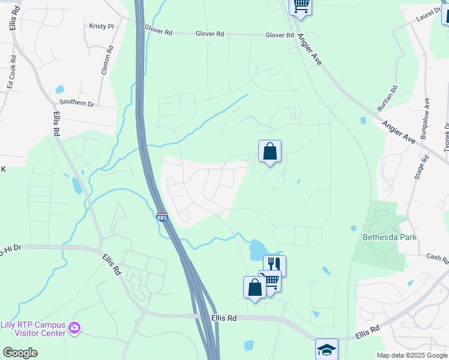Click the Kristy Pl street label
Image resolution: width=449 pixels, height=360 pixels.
click(x=101, y=26)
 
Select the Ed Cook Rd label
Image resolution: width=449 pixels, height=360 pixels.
click(x=10, y=77)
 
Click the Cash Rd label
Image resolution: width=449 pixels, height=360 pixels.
click(x=437, y=257)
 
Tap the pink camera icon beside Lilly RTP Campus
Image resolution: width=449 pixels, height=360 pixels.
click(x=74, y=328)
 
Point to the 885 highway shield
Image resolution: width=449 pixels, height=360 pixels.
click(x=161, y=218)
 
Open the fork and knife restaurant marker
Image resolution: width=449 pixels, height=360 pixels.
click(x=274, y=264)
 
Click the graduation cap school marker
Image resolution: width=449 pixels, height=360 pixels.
click(x=327, y=348)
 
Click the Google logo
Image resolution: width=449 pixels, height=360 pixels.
click(x=20, y=353)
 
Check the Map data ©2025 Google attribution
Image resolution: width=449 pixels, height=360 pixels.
click(x=412, y=355)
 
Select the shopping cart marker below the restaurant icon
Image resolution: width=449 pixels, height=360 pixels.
click(x=271, y=280)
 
